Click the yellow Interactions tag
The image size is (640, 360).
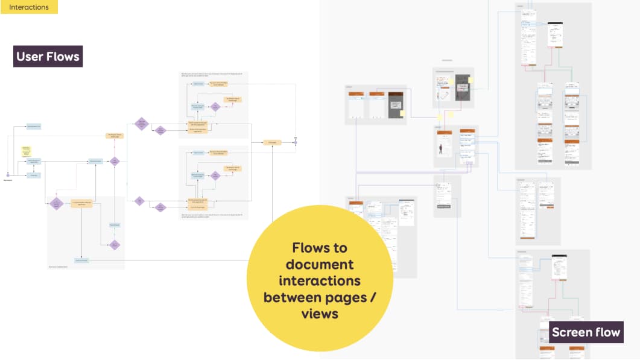coord(29,7)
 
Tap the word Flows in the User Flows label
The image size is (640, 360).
coord(64,57)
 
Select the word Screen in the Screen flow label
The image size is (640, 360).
coord(572,332)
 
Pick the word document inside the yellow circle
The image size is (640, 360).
coord(320,264)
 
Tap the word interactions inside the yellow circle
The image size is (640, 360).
coord(320,280)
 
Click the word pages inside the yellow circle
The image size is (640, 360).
coord(346,297)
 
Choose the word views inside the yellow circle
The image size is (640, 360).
coord(320,314)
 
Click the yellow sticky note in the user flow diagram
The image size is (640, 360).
coord(25,150)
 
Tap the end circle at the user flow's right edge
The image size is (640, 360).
coord(296,142)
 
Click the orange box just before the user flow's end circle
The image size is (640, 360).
coord(272,142)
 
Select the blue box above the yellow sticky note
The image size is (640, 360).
coord(34,127)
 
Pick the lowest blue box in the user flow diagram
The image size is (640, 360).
coord(81,261)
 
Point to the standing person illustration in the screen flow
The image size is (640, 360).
coord(441,149)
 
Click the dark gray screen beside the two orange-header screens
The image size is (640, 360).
coord(395,106)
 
